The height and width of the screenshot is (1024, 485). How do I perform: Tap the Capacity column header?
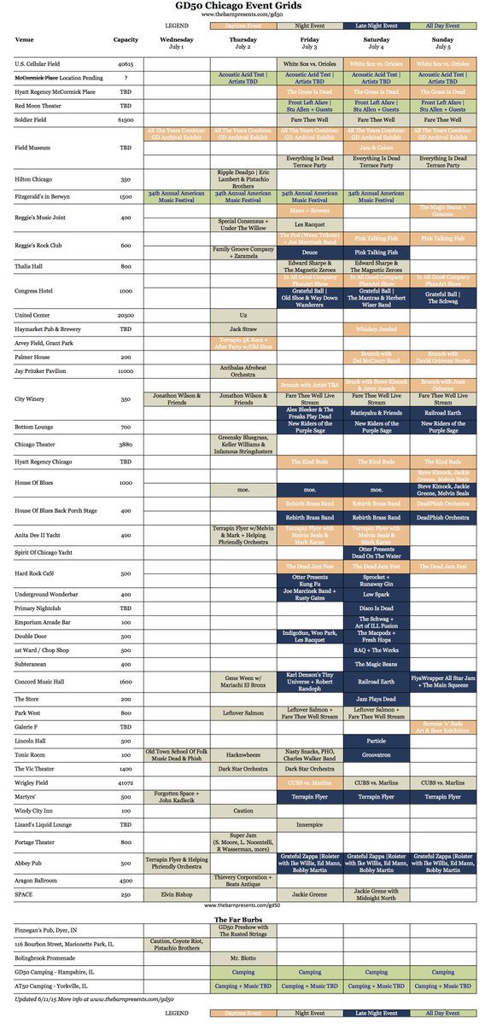(x=126, y=39)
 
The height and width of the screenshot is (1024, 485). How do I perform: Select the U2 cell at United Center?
(x=243, y=315)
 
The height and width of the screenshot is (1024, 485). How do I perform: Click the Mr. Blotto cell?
(x=243, y=958)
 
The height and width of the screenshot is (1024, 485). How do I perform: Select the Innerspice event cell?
(x=310, y=826)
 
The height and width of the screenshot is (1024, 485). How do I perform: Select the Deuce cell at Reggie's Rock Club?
(x=310, y=253)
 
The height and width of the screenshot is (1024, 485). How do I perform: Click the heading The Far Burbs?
(x=242, y=918)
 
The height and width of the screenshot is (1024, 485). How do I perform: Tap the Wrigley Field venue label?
(x=32, y=783)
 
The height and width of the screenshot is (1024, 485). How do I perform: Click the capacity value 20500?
(x=126, y=315)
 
